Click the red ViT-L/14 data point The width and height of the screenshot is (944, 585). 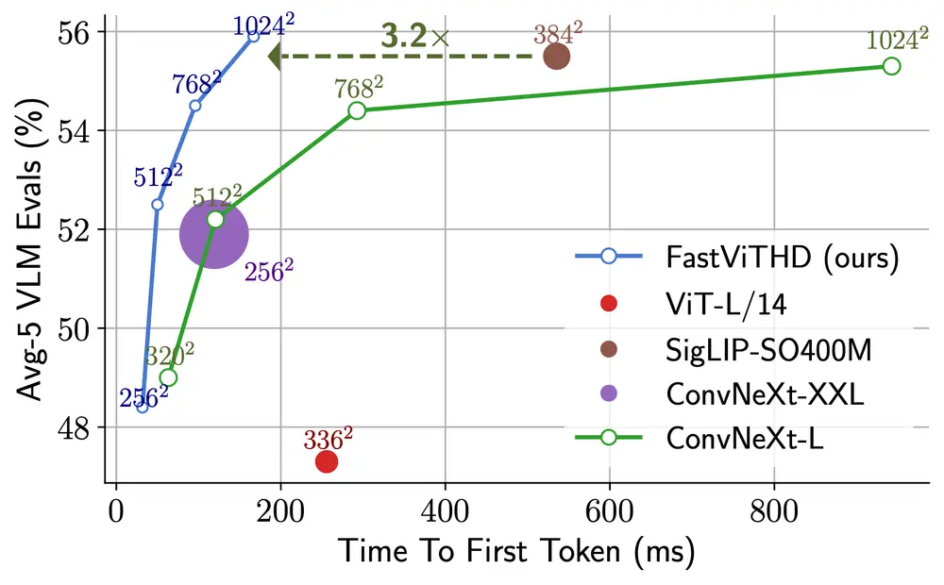(x=327, y=461)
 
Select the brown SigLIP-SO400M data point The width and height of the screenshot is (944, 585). (x=557, y=57)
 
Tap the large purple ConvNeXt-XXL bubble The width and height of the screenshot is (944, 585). (x=213, y=235)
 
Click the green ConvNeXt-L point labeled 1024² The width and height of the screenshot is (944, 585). (x=891, y=66)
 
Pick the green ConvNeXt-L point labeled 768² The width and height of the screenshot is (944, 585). (x=357, y=110)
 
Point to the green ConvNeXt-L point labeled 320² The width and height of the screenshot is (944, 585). (x=168, y=377)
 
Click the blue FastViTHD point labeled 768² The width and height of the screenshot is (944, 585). (x=194, y=106)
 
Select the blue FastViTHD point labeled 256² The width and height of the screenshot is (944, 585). (x=143, y=407)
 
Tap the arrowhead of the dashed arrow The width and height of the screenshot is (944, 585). (x=276, y=57)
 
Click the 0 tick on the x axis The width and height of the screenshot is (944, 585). (x=116, y=513)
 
